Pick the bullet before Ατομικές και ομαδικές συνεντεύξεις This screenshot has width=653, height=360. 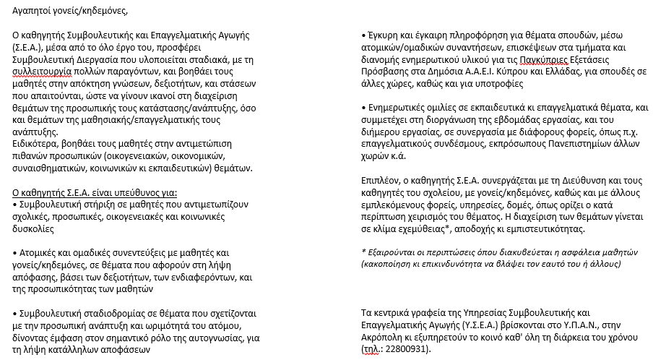(x=16, y=253)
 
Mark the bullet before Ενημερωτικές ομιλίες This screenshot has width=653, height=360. (x=363, y=107)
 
